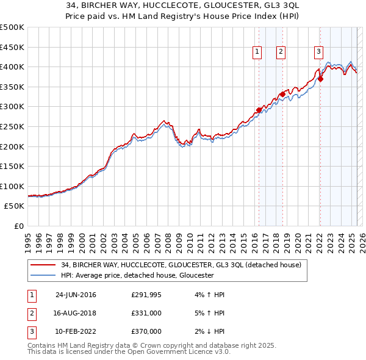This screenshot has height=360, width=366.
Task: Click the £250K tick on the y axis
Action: [x=13, y=126]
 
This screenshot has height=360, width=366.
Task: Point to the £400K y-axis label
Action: [x=13, y=67]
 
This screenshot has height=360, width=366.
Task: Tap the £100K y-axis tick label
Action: [x=13, y=186]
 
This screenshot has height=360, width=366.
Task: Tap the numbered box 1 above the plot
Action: [x=257, y=52]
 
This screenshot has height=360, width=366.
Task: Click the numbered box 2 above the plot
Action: [x=281, y=52]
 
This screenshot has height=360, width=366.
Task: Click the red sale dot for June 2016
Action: [x=259, y=110]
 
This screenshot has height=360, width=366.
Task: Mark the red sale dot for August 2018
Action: [x=282, y=94]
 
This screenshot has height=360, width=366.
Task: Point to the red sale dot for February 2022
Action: [x=320, y=79]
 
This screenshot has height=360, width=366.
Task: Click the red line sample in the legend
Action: [x=42, y=265]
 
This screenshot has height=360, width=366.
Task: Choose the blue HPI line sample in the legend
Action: [x=42, y=275]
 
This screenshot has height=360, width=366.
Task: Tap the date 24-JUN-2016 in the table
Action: [x=76, y=295]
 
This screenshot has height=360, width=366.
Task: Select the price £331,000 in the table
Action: [x=146, y=313]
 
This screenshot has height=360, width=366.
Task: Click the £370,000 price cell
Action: [x=146, y=331]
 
